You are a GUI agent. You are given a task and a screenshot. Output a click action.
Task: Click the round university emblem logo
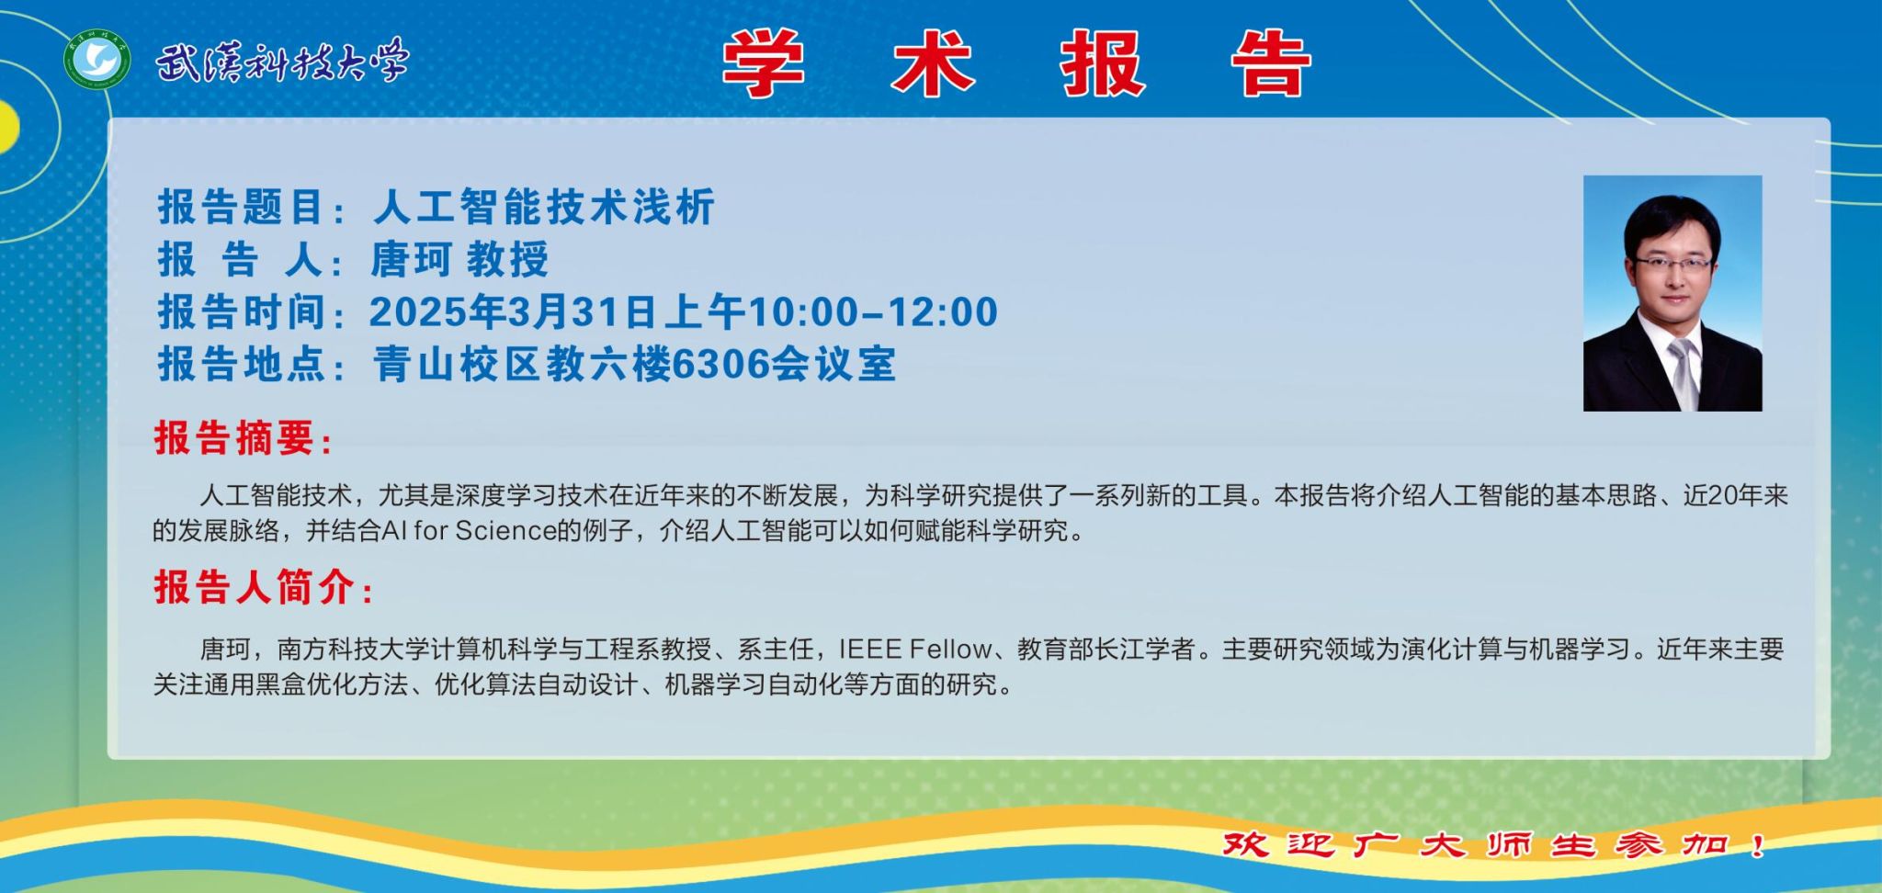pos(96,61)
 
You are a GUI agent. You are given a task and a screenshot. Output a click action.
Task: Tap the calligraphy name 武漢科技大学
pos(281,62)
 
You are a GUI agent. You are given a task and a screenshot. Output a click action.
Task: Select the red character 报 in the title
pos(1103,63)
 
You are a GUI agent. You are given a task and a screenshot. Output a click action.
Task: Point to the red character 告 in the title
pos(1271,63)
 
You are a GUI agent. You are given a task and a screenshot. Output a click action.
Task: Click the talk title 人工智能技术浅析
pos(544,207)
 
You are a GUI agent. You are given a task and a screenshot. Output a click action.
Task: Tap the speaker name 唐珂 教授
pos(459,260)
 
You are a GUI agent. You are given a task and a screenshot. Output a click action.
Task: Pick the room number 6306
pos(720,365)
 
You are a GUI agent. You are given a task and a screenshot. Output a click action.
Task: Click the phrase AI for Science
pos(469,530)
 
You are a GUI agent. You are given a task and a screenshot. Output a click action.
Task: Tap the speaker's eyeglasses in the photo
pos(1672,264)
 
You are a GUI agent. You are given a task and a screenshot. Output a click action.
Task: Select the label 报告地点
pos(242,365)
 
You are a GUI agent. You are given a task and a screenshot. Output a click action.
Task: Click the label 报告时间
pos(242,312)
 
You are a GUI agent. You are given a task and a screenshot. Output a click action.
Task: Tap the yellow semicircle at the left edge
pos(8,126)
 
